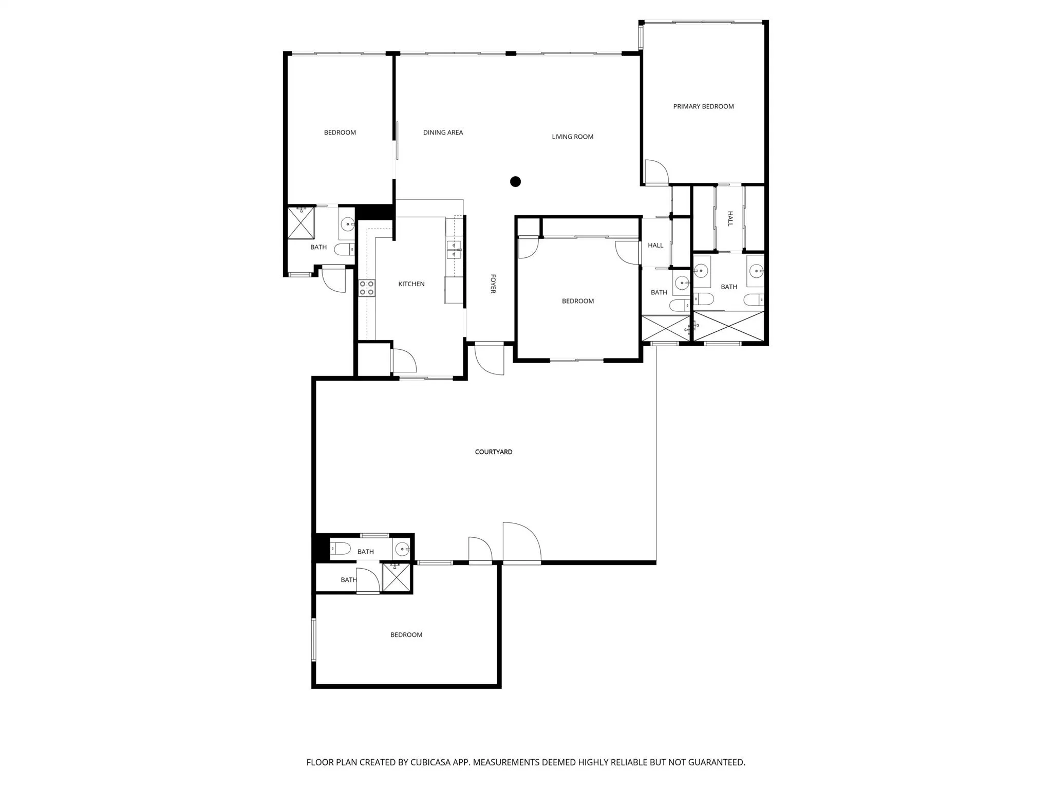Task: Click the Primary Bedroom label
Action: click(x=703, y=106)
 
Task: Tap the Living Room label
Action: click(x=572, y=137)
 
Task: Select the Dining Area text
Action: click(x=443, y=133)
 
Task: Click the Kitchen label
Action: click(x=411, y=284)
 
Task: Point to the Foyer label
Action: click(x=493, y=284)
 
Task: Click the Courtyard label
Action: click(x=494, y=452)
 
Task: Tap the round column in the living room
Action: click(x=515, y=181)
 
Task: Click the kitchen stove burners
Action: click(x=366, y=288)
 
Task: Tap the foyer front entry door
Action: click(x=489, y=359)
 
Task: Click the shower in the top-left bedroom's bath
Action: click(x=300, y=222)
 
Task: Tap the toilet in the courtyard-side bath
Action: click(x=340, y=548)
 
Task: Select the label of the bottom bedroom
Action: click(x=406, y=635)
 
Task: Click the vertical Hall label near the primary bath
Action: click(x=730, y=219)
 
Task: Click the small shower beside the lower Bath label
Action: click(x=397, y=578)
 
